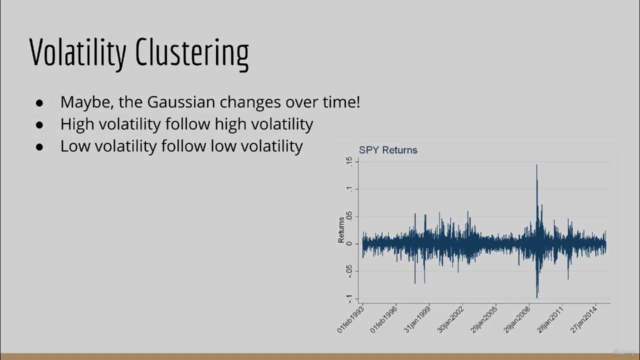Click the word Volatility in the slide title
77,52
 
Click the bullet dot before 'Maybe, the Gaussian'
40,102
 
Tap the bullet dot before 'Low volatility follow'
40,146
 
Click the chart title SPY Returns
388,150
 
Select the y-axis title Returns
341,229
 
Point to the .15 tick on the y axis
349,161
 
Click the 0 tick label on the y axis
349,244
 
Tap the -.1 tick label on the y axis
349,298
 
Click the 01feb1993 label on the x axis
351,318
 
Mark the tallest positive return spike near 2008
536,166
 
